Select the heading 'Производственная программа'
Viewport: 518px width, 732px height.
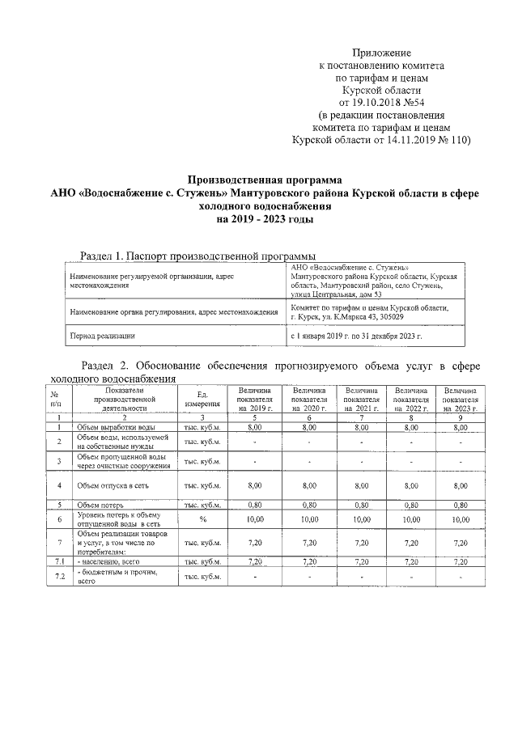(265, 180)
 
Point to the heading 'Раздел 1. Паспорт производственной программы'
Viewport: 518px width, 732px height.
(197, 256)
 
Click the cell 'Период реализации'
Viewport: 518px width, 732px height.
(103, 334)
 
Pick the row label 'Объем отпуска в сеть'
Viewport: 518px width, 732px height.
(113, 485)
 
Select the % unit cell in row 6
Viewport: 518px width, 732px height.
(202, 519)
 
